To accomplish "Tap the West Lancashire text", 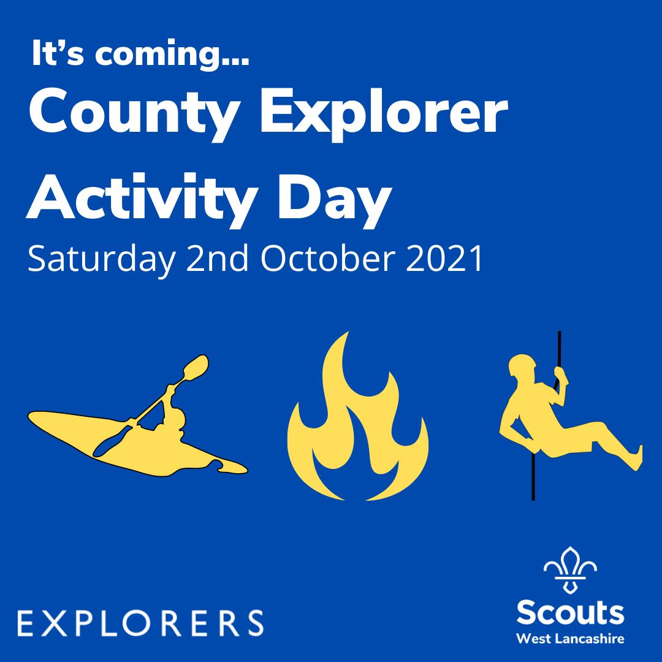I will [x=570, y=639].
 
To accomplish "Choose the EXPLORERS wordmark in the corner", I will [x=141, y=622].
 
